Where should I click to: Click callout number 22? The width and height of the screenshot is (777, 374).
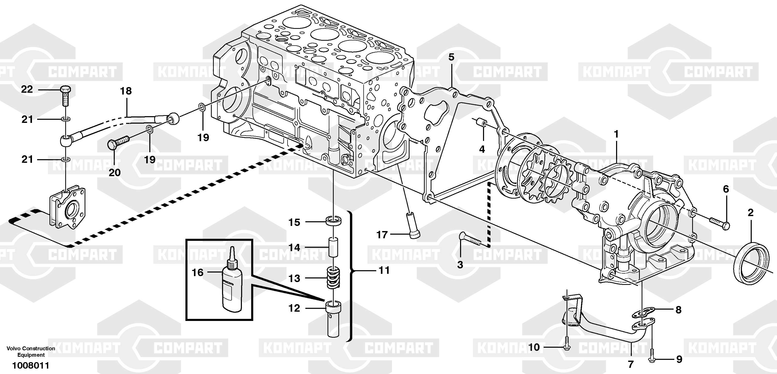(27, 89)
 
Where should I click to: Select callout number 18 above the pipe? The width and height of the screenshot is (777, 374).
(126, 91)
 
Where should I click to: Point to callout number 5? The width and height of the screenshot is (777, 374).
(451, 57)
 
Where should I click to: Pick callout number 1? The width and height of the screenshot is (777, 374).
(616, 134)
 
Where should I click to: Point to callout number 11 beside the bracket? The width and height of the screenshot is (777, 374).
(384, 270)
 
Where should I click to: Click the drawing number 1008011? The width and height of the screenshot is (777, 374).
(30, 365)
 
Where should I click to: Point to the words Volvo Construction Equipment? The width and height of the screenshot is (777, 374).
(31, 351)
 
